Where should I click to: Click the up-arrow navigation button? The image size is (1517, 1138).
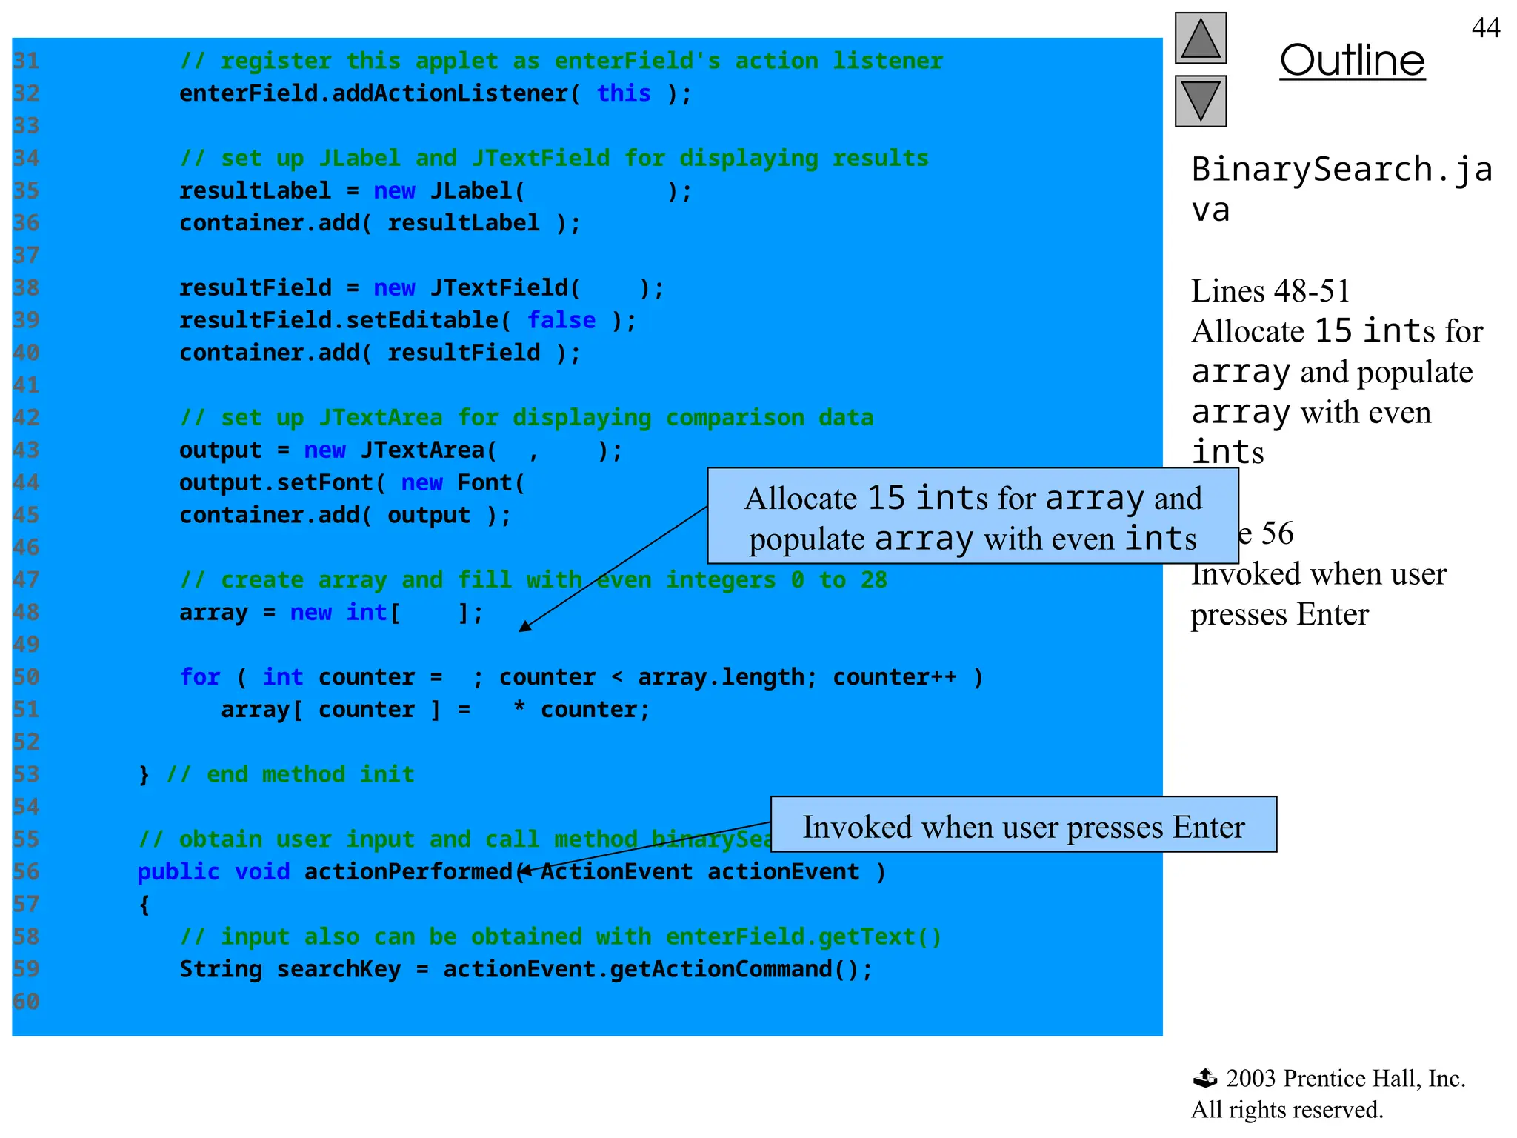point(1200,39)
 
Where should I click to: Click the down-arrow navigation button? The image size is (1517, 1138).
point(1200,101)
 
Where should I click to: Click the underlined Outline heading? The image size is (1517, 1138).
point(1352,61)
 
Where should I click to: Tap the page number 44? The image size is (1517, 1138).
point(1485,28)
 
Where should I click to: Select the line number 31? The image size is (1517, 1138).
point(26,61)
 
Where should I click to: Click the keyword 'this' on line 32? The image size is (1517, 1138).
point(624,93)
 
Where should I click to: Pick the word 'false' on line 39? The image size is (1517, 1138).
point(561,320)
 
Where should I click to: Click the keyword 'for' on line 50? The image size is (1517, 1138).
point(199,677)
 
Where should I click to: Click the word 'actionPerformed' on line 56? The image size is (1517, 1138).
point(408,872)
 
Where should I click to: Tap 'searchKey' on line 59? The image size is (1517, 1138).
point(339,969)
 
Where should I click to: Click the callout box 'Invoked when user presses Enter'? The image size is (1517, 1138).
point(1023,825)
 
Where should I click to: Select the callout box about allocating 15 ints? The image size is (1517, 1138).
point(973,516)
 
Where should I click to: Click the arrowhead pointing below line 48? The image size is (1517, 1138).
point(524,628)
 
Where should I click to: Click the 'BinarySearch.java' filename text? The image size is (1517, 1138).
point(1341,189)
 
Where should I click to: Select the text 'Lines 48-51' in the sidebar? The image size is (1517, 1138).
point(1270,291)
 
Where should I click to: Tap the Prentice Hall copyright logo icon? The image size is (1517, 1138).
point(1204,1078)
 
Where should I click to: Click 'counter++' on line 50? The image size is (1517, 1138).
point(894,677)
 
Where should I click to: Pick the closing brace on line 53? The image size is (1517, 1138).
point(144,775)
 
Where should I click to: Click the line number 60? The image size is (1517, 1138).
point(26,1002)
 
